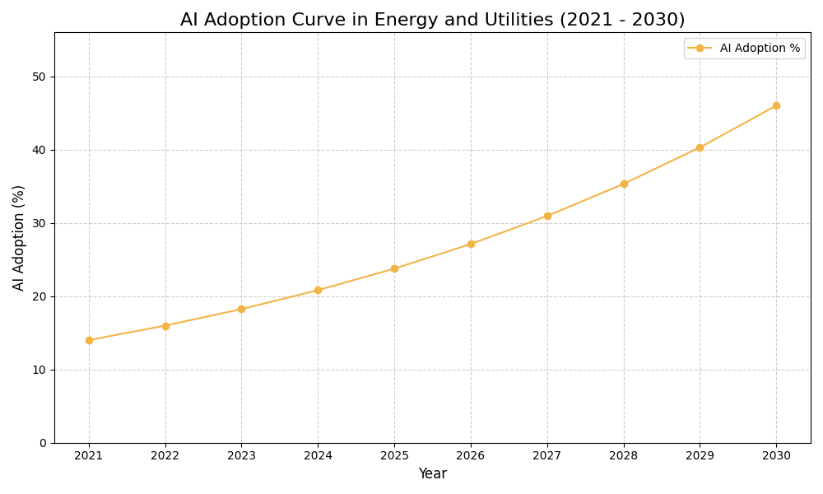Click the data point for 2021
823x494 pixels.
[89, 340]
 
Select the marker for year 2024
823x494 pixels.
[318, 290]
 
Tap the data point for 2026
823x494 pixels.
[471, 244]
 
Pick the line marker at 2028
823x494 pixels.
[624, 184]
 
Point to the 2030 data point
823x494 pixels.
[776, 105]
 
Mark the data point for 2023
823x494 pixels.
[241, 309]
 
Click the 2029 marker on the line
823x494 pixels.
[700, 147]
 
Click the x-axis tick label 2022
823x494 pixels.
[165, 455]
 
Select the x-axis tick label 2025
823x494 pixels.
[394, 455]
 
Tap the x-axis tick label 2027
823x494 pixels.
[547, 455]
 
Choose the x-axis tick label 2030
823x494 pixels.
[776, 455]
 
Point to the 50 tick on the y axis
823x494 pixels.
[39, 77]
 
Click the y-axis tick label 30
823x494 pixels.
[39, 223]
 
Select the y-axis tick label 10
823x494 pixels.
[39, 370]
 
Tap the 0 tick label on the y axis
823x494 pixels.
[43, 443]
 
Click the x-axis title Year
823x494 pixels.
[432, 474]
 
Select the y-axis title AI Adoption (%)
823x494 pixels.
[19, 237]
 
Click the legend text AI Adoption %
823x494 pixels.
[760, 49]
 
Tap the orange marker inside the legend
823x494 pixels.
[700, 49]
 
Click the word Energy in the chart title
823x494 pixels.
[403, 20]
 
